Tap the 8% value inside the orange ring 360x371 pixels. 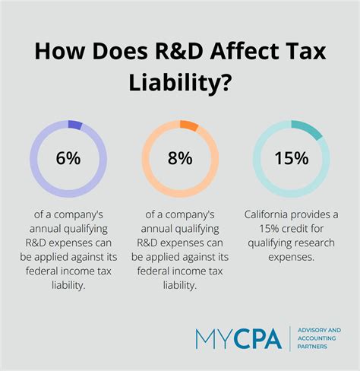(x=179, y=158)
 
